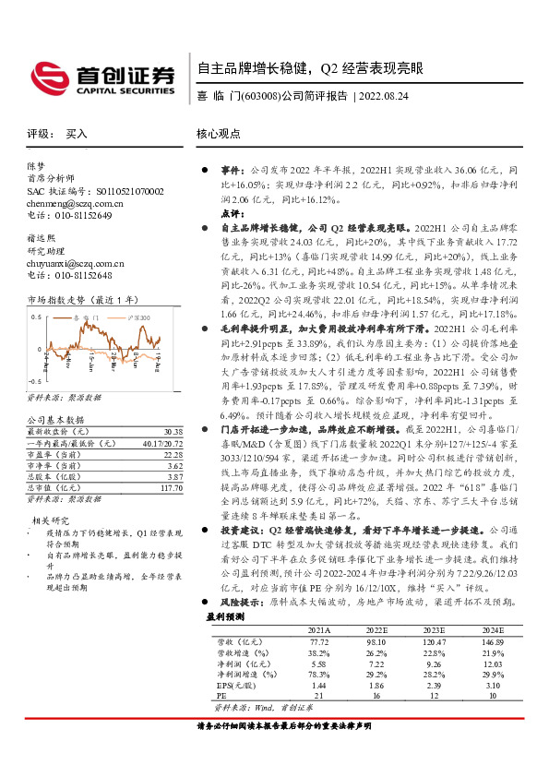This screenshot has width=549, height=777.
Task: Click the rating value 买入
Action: click(77, 134)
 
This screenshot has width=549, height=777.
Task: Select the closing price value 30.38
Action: click(171, 432)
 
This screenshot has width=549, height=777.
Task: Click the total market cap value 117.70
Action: click(169, 487)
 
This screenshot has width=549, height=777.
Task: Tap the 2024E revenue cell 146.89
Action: click(496, 666)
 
